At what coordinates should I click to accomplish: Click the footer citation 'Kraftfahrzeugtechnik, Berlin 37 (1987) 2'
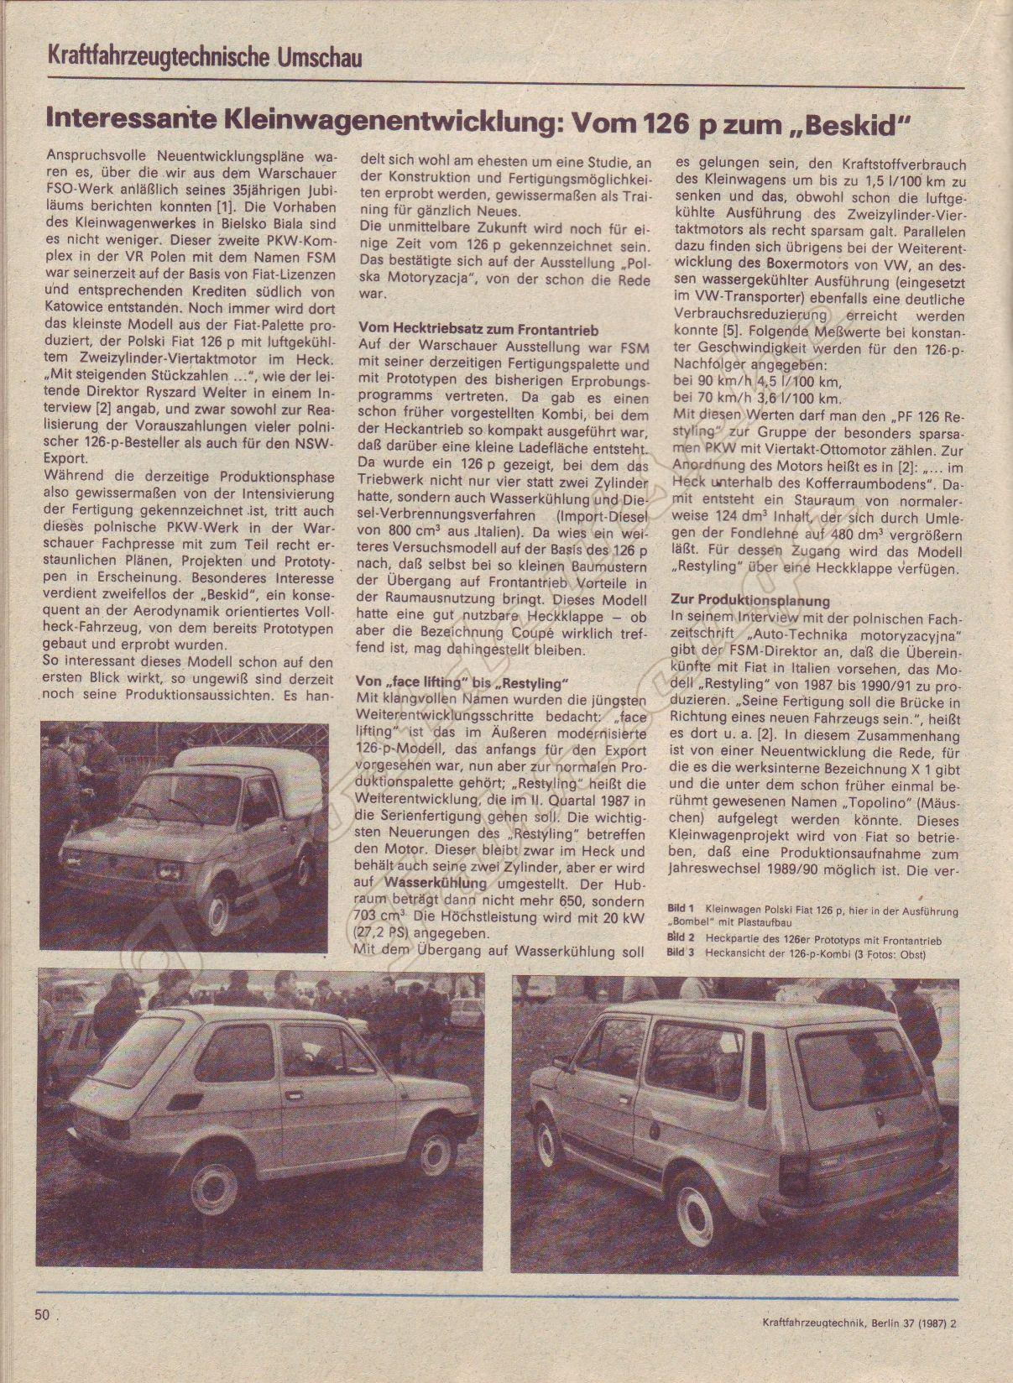(x=849, y=1349)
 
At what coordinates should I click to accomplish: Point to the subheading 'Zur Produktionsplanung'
(x=750, y=601)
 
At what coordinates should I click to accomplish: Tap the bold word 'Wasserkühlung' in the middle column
(x=435, y=883)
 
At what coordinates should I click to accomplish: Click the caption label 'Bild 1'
(x=681, y=909)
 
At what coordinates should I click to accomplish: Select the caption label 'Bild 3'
(x=681, y=952)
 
